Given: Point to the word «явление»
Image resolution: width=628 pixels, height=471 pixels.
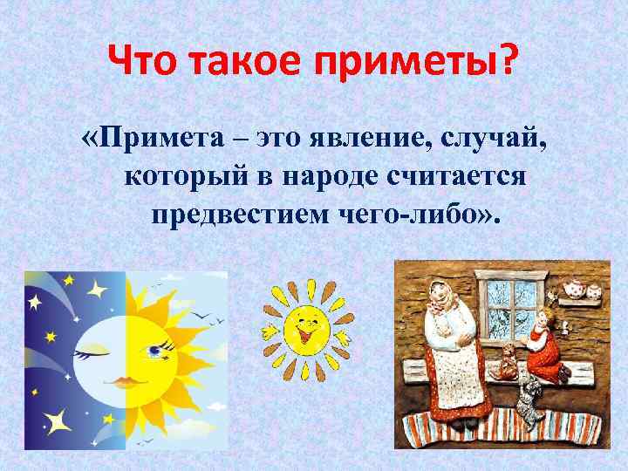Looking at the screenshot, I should pos(348,137).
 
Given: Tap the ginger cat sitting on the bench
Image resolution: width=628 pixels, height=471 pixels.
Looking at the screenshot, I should pos(506,358).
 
